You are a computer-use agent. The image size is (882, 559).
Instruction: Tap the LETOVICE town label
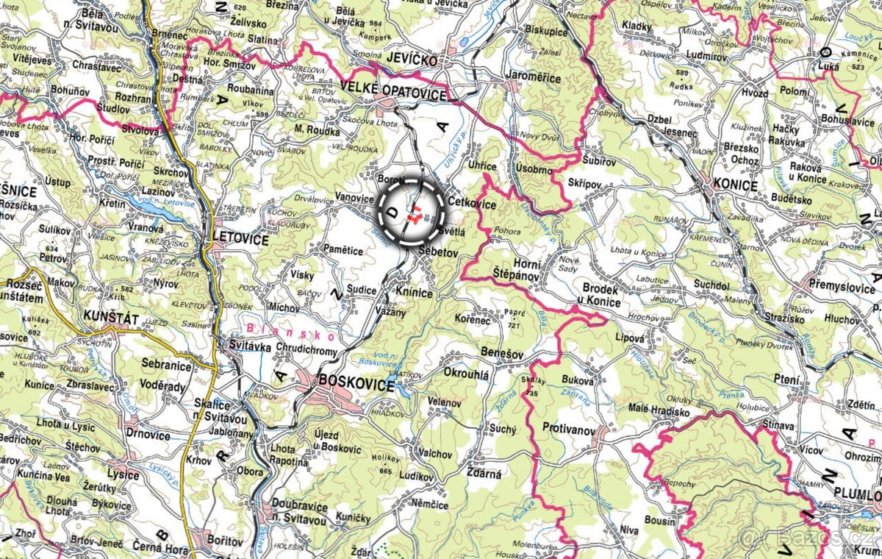coord(240,240)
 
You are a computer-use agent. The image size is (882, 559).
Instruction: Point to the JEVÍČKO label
coord(409,60)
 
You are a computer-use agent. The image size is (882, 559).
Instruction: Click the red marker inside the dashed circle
coord(414,213)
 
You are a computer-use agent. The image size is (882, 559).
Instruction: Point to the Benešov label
coord(502,355)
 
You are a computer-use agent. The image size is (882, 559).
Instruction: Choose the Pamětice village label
coord(343,251)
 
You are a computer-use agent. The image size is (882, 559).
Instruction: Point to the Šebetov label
coord(438,252)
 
